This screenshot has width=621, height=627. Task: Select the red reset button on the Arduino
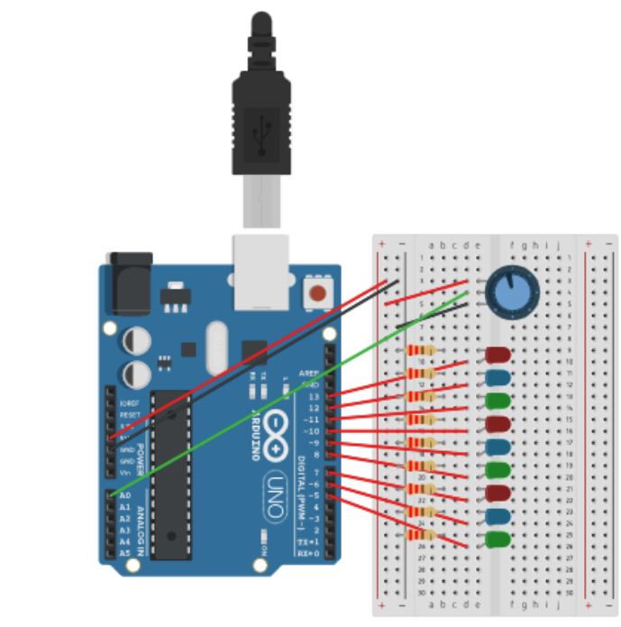pyautogui.click(x=317, y=293)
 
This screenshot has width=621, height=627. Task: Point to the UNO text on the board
pyautogui.click(x=277, y=493)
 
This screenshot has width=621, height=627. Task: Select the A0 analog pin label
pyautogui.click(x=124, y=496)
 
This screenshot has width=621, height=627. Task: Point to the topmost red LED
pyautogui.click(x=498, y=355)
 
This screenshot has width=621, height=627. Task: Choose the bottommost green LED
pyautogui.click(x=497, y=540)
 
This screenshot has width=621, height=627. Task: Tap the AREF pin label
pyautogui.click(x=310, y=373)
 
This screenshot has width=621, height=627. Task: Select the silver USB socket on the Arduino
pyautogui.click(x=262, y=272)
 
